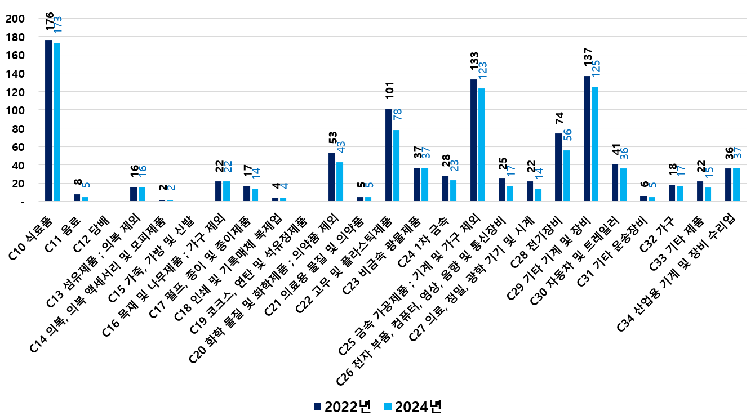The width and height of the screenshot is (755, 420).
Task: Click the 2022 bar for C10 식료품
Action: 48,120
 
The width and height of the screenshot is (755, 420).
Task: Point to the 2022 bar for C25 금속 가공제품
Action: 473,140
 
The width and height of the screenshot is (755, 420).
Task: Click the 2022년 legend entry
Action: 342,406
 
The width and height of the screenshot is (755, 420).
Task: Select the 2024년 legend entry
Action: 412,406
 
